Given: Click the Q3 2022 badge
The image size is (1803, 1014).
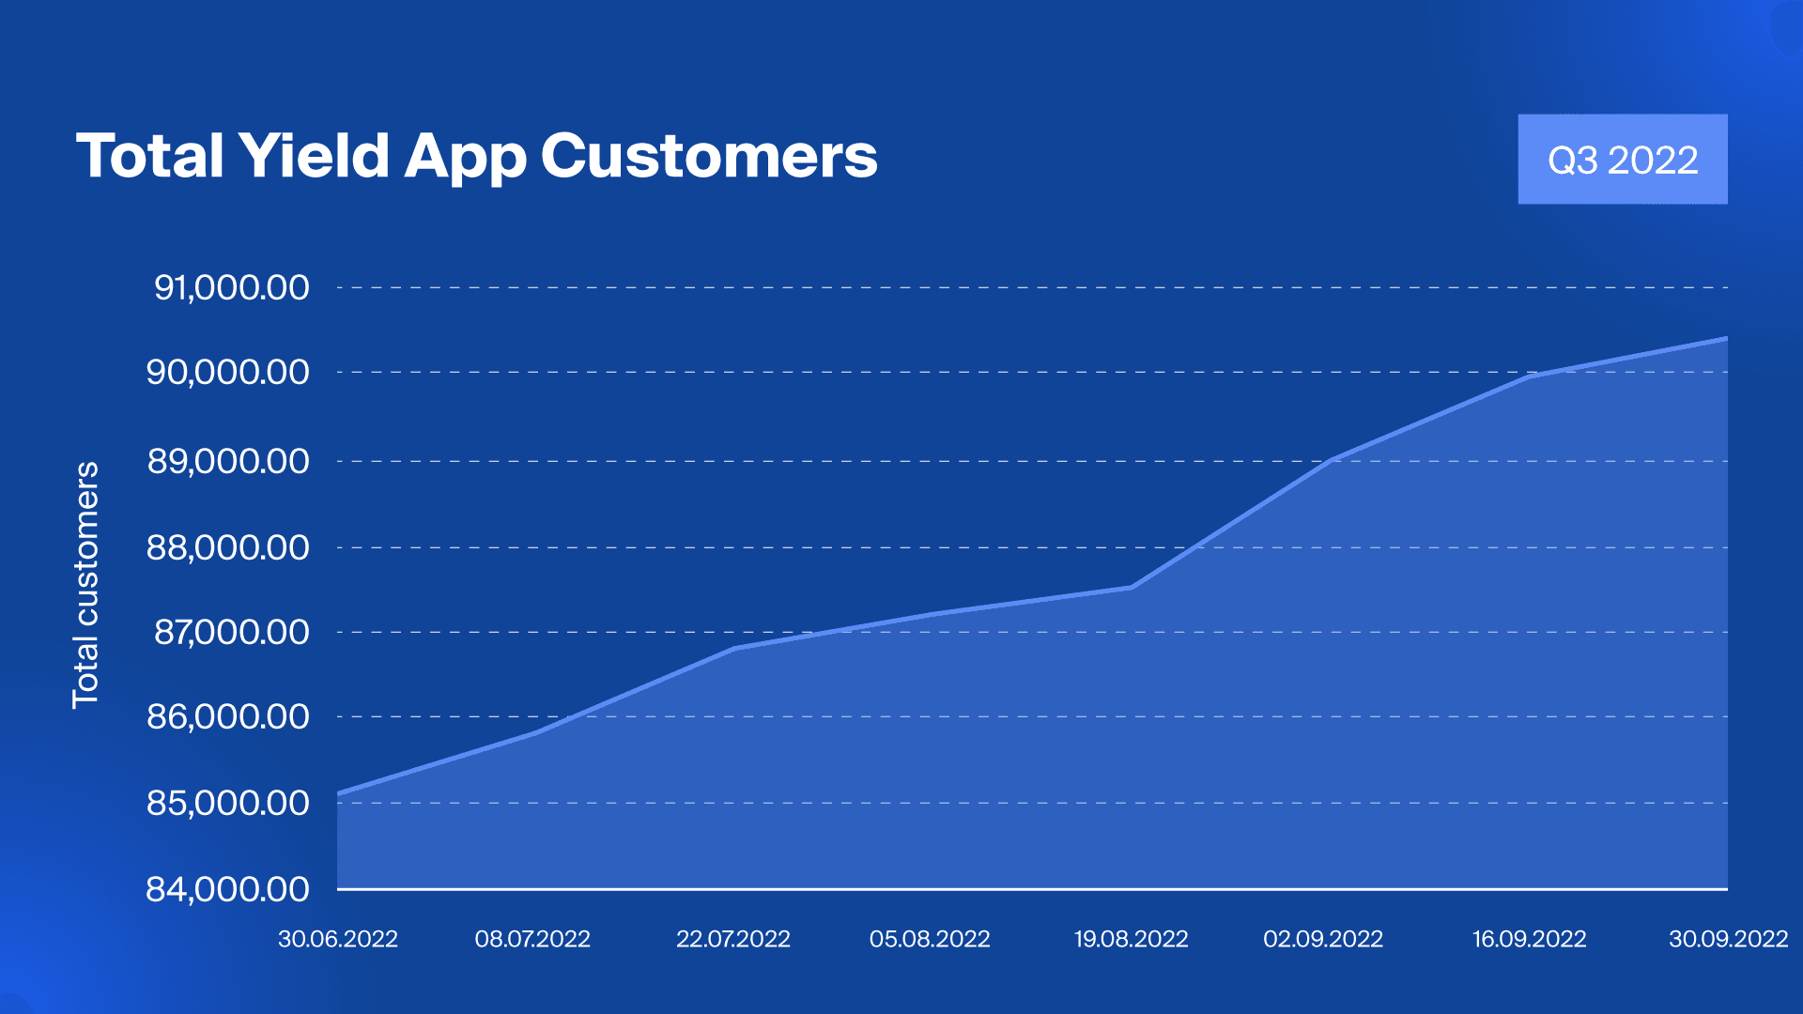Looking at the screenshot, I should pos(1622,160).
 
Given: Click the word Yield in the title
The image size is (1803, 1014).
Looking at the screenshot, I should pos(313,156).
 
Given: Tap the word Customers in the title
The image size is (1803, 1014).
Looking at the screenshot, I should pos(709,156).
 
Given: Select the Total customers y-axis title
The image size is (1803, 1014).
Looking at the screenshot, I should pos(85,585).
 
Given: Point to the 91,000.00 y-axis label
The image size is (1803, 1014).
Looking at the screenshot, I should pos(231,287).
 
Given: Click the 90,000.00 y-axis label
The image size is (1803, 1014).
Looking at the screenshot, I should pos(227,373).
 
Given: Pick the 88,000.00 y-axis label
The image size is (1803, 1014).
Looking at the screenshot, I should pos(227,547).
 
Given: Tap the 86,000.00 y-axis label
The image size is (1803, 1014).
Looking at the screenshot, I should pos(227,717).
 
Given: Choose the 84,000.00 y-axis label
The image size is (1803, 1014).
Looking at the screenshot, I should pos(227,889).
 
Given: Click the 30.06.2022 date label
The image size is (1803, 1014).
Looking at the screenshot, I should pos(338,939).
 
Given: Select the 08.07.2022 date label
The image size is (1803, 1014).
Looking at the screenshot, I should pos(532,939).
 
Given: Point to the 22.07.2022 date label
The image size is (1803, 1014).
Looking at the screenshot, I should pos(733,939).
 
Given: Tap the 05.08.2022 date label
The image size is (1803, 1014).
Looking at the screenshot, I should pos(930,939).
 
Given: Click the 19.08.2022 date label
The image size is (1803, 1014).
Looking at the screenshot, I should pos(1131,939).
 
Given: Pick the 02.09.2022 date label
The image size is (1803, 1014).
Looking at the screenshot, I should pos(1323,939).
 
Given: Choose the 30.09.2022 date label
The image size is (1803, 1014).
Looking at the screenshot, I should pos(1728,939).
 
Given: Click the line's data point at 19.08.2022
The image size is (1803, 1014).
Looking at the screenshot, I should pos(1131,588).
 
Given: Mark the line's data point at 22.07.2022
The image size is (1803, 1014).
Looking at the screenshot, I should pos(733,648).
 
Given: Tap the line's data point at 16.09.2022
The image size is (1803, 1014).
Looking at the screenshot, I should pos(1530,376).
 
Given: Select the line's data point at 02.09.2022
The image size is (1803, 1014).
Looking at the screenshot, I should pos(1333,459).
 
